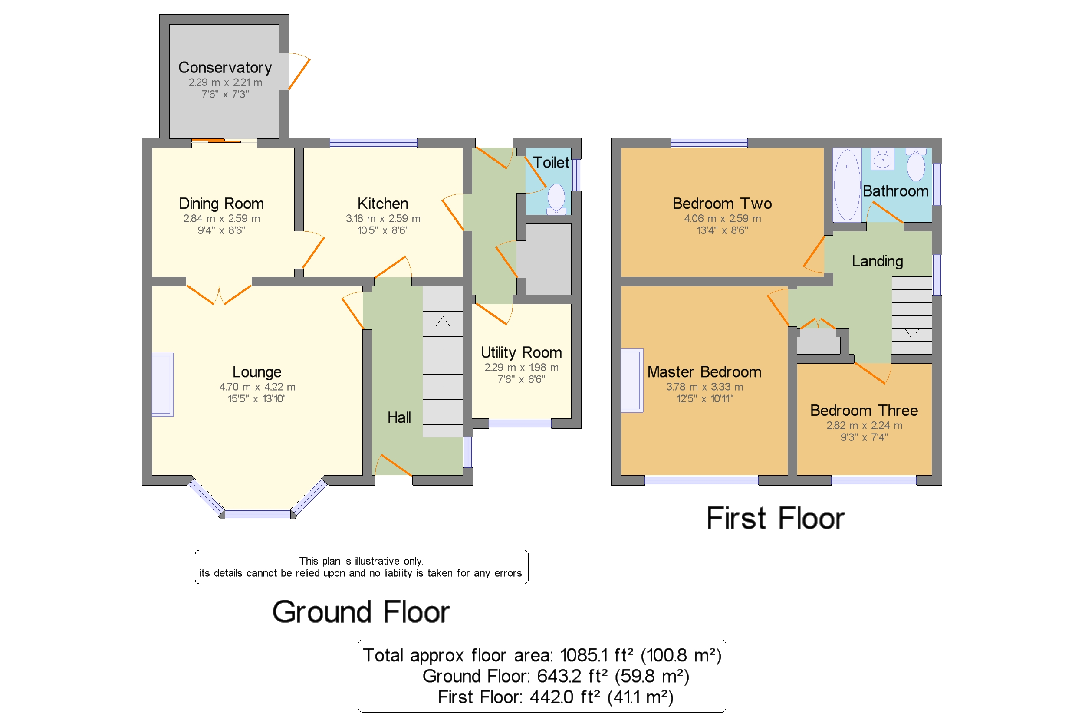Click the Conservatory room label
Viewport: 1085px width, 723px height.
click(x=224, y=67)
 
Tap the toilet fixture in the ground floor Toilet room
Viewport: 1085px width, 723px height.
click(x=556, y=199)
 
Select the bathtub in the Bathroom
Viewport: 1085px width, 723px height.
click(x=847, y=185)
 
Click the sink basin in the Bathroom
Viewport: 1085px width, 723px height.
click(x=882, y=159)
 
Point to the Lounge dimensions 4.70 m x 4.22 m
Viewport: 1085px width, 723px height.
click(x=257, y=386)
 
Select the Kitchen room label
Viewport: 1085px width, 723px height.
click(x=383, y=204)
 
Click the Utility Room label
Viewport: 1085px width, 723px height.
click(x=521, y=352)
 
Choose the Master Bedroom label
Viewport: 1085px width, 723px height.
click(x=704, y=371)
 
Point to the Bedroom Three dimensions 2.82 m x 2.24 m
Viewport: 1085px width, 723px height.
click(x=864, y=425)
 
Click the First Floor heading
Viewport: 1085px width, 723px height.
click(x=776, y=518)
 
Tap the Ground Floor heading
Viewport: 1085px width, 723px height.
click(x=361, y=612)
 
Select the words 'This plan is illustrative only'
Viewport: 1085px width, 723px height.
click(x=361, y=561)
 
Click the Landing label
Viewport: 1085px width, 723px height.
click(x=877, y=261)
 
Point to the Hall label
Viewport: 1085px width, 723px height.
click(x=399, y=418)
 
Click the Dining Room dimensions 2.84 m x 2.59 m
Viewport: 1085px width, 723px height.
click(x=221, y=218)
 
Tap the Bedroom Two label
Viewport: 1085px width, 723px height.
click(x=722, y=204)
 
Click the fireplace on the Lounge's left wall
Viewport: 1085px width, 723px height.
click(x=163, y=385)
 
